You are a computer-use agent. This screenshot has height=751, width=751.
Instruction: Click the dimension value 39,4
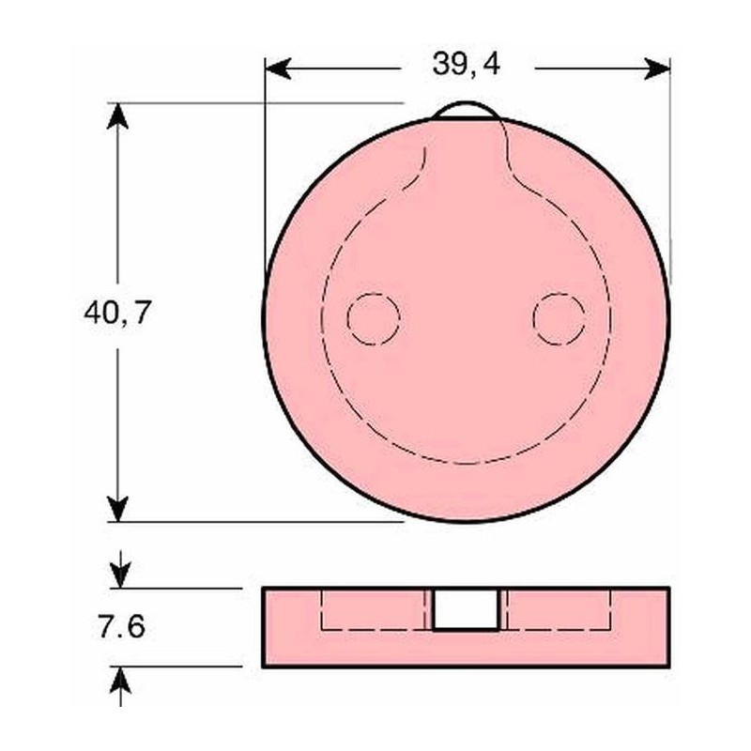pos(466,65)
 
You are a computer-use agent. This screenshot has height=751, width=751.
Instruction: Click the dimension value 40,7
pos(118,313)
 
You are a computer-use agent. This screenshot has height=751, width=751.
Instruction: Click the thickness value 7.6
pos(121,627)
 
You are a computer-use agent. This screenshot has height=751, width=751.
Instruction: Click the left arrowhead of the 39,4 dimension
pos(278,69)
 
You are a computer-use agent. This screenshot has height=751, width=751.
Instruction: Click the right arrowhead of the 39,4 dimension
pos(657,69)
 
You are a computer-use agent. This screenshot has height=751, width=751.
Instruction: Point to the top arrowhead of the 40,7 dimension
pos(118,115)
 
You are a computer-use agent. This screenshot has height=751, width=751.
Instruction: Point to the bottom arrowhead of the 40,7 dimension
pos(118,509)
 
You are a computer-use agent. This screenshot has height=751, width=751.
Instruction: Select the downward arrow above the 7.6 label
pos(120,570)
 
